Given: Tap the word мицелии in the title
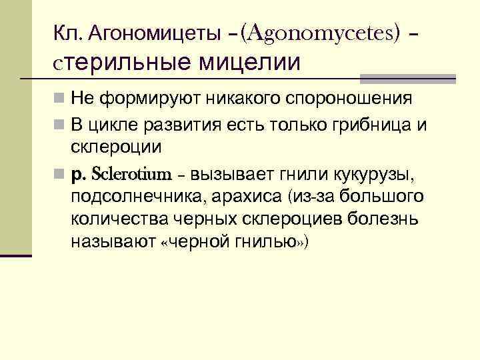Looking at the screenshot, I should pos(247,62).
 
